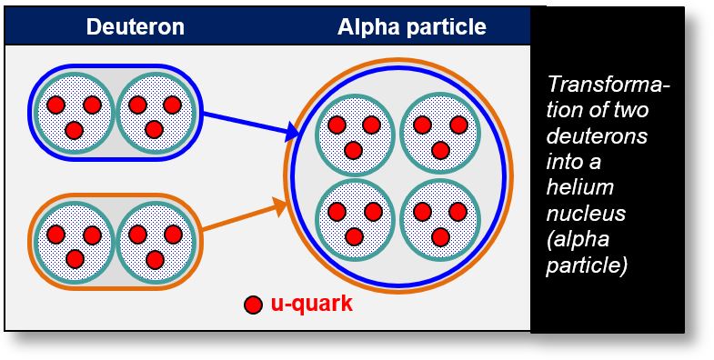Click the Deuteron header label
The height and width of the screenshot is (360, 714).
coord(135,27)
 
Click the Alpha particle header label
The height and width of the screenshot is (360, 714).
coord(412,27)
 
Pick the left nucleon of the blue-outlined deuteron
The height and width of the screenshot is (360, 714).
coord(74,111)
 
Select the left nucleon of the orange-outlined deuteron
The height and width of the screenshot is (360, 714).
coord(74,241)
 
